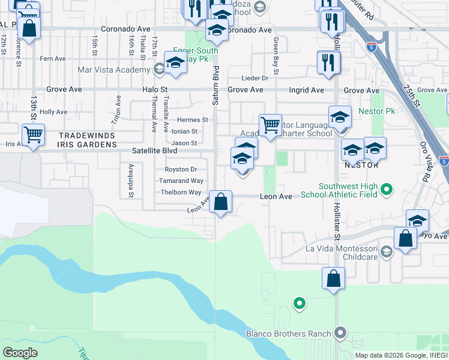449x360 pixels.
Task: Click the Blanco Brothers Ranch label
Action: (288, 334)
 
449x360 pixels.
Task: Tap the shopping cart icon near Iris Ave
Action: (33, 134)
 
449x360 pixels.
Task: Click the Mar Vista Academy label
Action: (113, 70)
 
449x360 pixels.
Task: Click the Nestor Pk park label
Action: (376, 112)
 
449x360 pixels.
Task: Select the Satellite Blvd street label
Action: (149, 151)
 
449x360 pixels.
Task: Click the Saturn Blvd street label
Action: (214, 86)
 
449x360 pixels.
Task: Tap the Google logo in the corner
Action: (20, 352)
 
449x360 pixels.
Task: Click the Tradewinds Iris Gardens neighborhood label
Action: (87, 140)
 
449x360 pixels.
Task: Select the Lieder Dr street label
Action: (255, 78)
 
